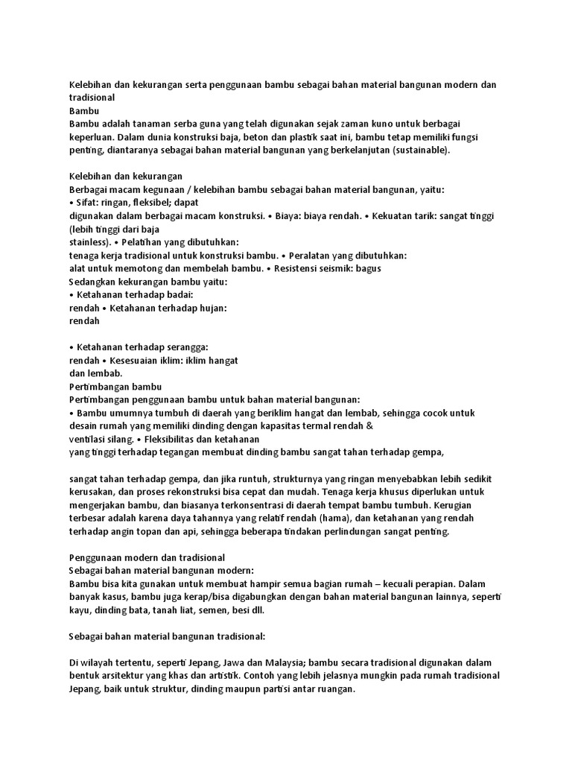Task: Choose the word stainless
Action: (x=89, y=242)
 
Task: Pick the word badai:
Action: (x=177, y=294)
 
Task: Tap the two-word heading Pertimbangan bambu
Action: (x=115, y=386)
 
